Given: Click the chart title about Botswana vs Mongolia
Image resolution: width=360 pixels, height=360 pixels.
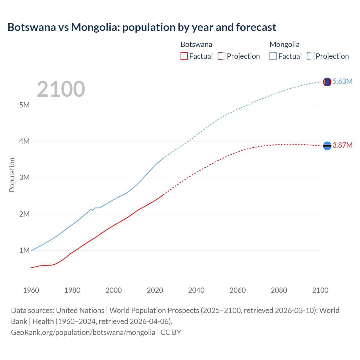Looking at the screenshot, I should pyautogui.click(x=142, y=27).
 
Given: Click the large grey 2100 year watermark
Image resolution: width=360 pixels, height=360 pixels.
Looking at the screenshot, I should pyautogui.click(x=61, y=89).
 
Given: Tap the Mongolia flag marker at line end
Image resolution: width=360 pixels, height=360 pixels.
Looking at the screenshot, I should pyautogui.click(x=327, y=82).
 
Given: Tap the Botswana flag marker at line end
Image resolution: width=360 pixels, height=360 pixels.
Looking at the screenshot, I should pyautogui.click(x=327, y=146).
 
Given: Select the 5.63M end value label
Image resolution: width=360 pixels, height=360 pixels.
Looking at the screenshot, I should pyautogui.click(x=342, y=82).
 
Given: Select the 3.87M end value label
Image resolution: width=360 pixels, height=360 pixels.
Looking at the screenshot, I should pyautogui.click(x=342, y=145).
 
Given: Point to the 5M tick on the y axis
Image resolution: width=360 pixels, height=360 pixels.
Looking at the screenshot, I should pyautogui.click(x=24, y=105).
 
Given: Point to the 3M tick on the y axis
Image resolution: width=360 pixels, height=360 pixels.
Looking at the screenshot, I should pyautogui.click(x=24, y=178).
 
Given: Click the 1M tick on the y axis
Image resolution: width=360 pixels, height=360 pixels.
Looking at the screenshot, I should pyautogui.click(x=24, y=250).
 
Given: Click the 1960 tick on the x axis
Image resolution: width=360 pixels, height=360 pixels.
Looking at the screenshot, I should pyautogui.click(x=31, y=290).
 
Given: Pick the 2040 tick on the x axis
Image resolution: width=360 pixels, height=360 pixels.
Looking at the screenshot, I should pyautogui.click(x=196, y=290).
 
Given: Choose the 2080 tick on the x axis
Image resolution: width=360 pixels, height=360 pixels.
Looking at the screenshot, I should pyautogui.click(x=279, y=290).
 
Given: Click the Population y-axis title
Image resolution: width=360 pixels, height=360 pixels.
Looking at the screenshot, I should pyautogui.click(x=12, y=175).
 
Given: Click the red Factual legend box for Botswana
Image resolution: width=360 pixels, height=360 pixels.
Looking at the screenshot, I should pyautogui.click(x=184, y=56).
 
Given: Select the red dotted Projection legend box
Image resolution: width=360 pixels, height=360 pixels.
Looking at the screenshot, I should pyautogui.click(x=222, y=56).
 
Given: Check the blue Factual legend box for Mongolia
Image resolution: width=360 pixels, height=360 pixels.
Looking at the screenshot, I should pyautogui.click(x=273, y=56).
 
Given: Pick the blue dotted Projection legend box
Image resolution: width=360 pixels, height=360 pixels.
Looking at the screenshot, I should pyautogui.click(x=310, y=56).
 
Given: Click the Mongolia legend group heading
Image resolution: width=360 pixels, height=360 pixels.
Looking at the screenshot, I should pyautogui.click(x=284, y=44).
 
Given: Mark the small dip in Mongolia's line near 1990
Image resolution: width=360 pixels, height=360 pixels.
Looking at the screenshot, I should pyautogui.click(x=93, y=210).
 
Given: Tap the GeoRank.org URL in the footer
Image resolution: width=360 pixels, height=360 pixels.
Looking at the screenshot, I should pyautogui.click(x=83, y=332).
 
